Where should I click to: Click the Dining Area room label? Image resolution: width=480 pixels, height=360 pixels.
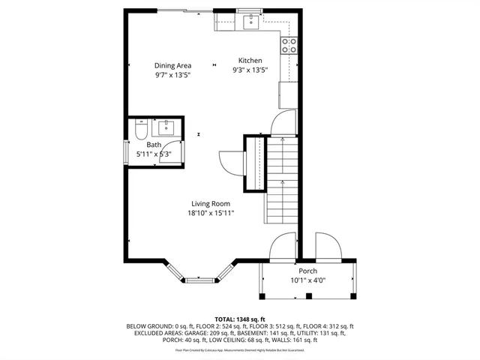click(x=173, y=65)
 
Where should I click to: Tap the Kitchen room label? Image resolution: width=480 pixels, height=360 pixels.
click(x=250, y=61)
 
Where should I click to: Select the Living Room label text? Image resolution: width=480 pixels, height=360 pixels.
click(x=210, y=203)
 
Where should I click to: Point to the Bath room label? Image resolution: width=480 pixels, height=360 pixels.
click(x=154, y=145)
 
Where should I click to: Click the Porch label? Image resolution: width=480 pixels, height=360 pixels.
click(x=307, y=271)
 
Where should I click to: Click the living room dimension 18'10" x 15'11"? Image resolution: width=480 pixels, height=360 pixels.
click(x=211, y=213)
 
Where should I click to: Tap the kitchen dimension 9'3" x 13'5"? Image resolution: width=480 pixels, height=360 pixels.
click(x=250, y=70)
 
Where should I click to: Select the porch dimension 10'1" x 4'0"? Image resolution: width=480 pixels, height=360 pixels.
click(x=307, y=280)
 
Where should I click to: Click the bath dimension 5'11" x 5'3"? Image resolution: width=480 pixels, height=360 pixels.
click(x=154, y=154)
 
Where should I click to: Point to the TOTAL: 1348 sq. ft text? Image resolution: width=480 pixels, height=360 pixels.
click(x=240, y=319)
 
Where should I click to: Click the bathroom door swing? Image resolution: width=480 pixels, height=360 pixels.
click(x=171, y=153)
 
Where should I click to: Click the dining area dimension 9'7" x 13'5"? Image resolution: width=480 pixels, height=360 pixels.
click(x=173, y=75)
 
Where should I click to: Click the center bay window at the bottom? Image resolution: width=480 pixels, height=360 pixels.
click(x=199, y=281)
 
